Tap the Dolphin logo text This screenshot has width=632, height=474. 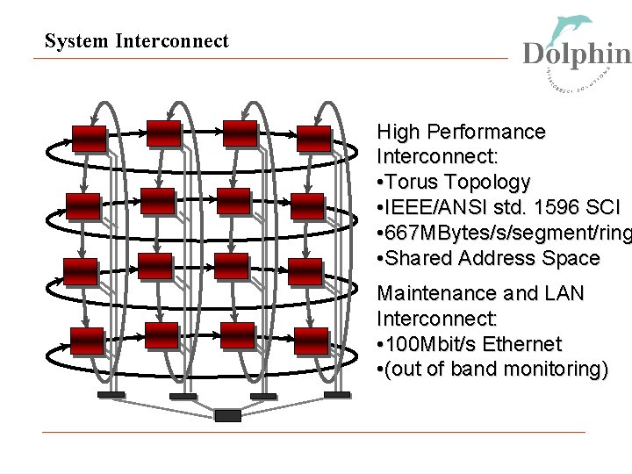tap(577, 54)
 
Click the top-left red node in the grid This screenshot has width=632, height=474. tap(89, 139)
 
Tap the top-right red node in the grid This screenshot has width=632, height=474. tap(314, 139)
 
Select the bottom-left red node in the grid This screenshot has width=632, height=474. tap(87, 340)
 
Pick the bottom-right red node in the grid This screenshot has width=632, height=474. tap(311, 341)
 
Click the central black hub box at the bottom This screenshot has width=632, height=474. tap(227, 415)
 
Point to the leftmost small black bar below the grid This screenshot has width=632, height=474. tap(111, 395)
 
